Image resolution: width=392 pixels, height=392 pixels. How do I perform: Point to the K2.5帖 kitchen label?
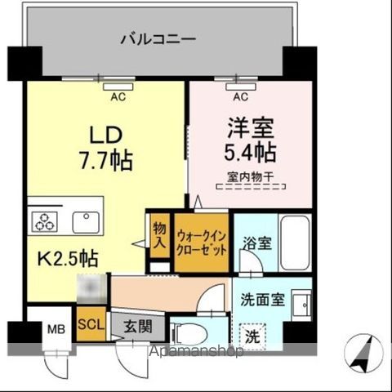pos(69,260)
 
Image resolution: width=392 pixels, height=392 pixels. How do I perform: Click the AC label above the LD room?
pos(118,97)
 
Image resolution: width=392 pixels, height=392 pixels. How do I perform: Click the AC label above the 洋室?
pos(240,97)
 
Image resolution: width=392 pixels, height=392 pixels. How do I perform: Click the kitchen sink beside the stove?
pos(85,221)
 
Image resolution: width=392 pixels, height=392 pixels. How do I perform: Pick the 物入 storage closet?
pos(158,234)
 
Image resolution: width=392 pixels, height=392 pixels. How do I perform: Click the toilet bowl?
pos(189,333)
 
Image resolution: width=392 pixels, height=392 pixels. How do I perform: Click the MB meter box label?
pos(54,330)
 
